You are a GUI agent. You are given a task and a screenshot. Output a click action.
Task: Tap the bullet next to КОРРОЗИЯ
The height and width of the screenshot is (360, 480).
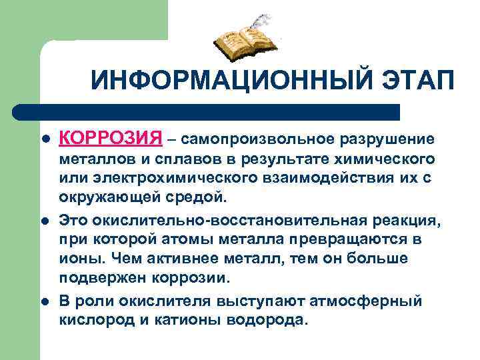click(46, 140)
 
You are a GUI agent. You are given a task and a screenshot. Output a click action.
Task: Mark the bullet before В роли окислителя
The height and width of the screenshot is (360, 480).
click(46, 301)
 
